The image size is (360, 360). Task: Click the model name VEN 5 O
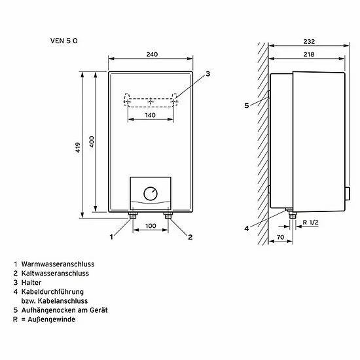[x=64, y=41]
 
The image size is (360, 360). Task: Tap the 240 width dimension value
[x=152, y=54]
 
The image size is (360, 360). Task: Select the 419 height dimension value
[x=78, y=147]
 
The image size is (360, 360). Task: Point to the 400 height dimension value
[x=92, y=141]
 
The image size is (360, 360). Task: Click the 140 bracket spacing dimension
[x=151, y=115]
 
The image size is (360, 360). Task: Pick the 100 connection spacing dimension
[x=151, y=226]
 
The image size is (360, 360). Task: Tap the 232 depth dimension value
[x=309, y=41]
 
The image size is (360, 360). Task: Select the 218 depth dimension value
[x=309, y=54]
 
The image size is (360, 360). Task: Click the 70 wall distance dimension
[x=281, y=237]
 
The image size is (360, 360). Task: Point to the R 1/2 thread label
[x=311, y=223]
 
